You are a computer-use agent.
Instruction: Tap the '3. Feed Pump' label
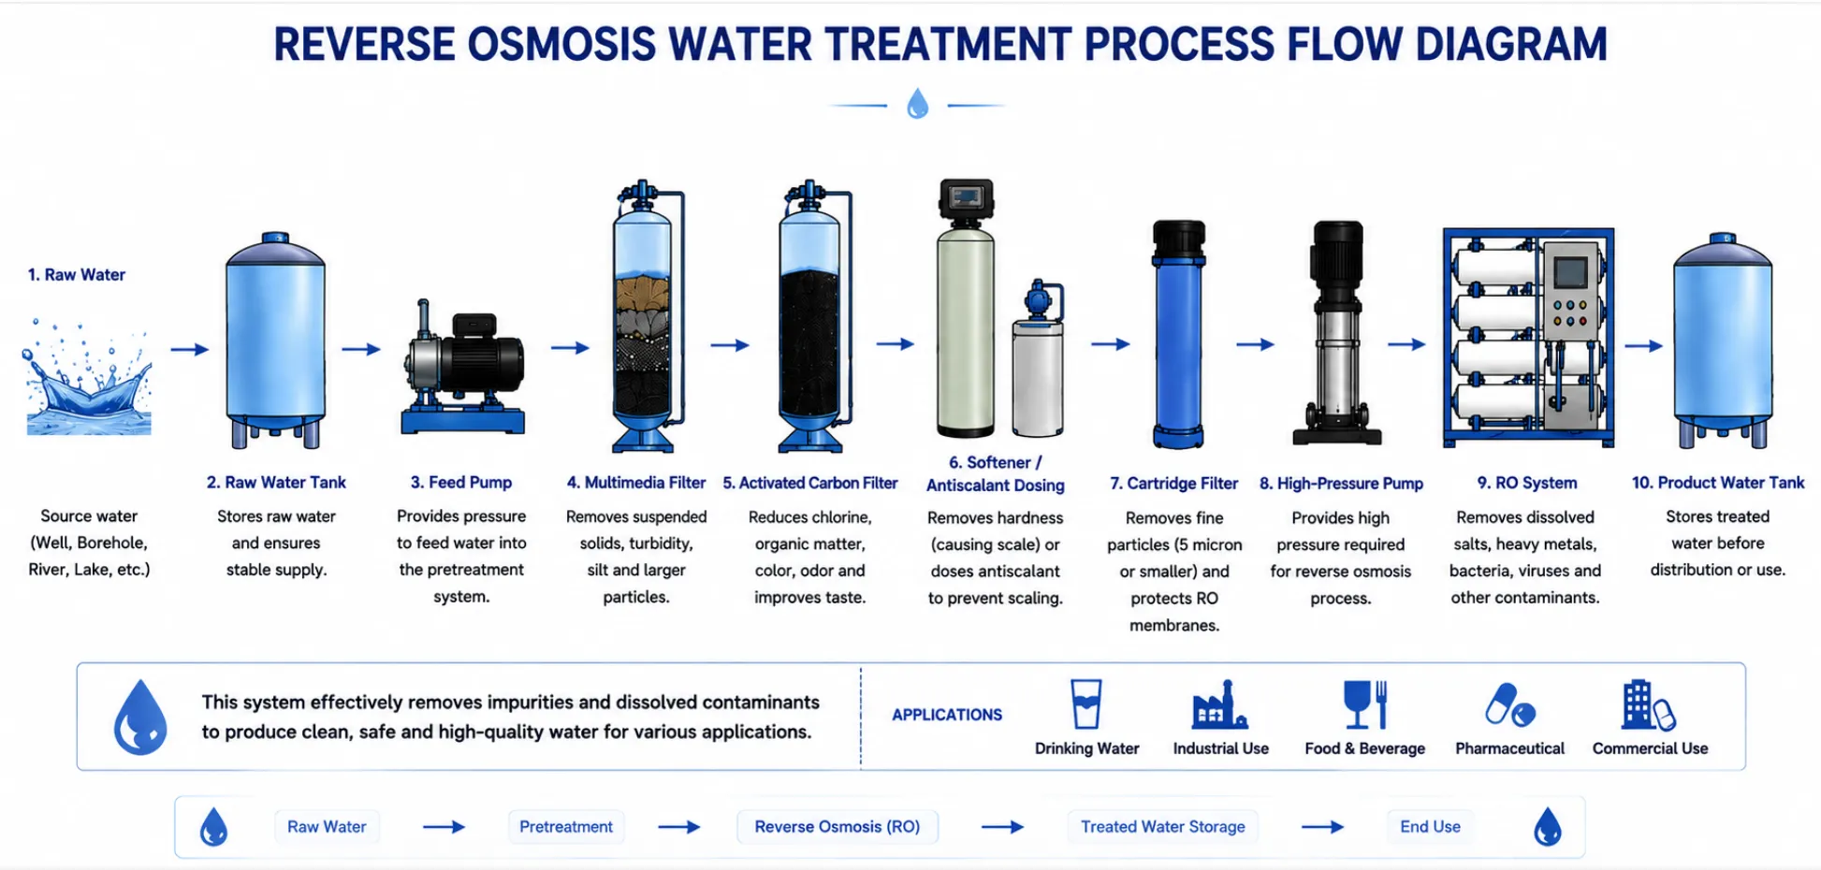tap(461, 483)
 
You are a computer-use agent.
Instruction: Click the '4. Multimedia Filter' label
tap(636, 483)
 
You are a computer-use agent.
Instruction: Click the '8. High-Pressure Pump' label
tap(1341, 484)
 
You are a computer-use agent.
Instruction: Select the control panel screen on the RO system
tap(1570, 273)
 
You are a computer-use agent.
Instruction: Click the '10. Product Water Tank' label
tap(1718, 483)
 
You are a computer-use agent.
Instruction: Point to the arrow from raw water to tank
tap(190, 349)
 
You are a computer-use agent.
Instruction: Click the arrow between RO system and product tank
tap(1643, 345)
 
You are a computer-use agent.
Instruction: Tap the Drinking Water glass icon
tap(1086, 703)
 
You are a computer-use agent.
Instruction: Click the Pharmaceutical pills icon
tap(1509, 705)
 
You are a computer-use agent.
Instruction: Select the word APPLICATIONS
tap(947, 715)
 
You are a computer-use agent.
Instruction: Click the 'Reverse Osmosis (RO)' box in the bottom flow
tap(838, 827)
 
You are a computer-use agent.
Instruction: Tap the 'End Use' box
tap(1430, 827)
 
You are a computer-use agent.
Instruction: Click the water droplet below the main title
tap(918, 104)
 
